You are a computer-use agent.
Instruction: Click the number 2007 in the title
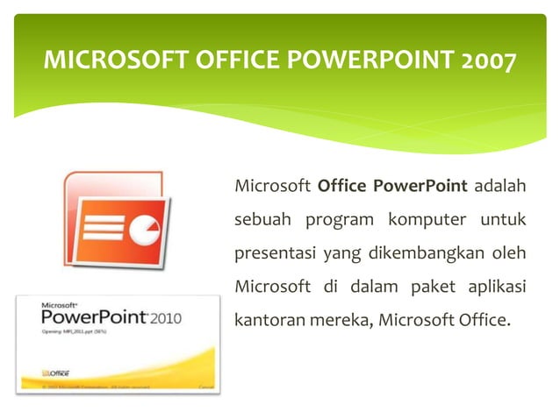point(484,60)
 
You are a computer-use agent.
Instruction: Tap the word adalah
point(499,186)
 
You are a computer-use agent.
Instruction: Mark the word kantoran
point(268,319)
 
